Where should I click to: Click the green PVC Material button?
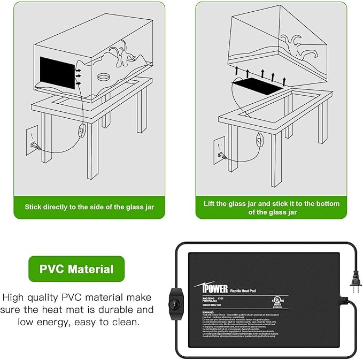pos(76,269)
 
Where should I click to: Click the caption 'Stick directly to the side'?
pos(89,206)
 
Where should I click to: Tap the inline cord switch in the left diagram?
pos(82,130)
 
